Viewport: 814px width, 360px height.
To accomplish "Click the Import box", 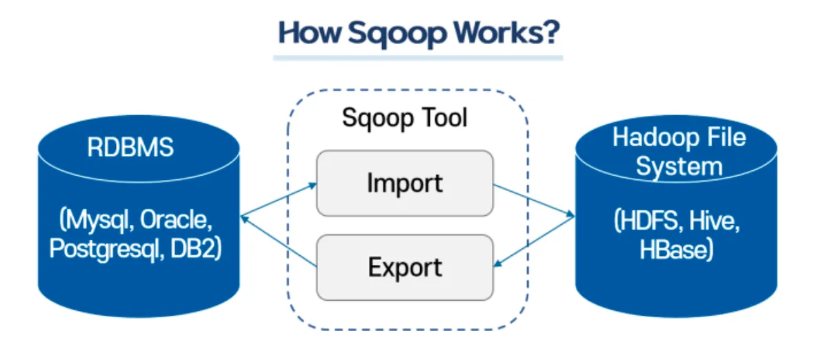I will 405,183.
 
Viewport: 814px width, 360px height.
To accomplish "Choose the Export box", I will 405,267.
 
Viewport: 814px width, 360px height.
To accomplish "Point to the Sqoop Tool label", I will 405,117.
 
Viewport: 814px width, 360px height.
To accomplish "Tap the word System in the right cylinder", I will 679,166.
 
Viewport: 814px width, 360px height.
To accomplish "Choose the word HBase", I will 675,248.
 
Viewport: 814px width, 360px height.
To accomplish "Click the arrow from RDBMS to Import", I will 279,201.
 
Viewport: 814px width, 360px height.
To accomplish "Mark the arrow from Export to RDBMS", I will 279,241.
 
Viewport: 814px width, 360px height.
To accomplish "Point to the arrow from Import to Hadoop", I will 534,201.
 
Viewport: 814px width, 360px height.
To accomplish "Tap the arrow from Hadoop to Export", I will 534,242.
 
